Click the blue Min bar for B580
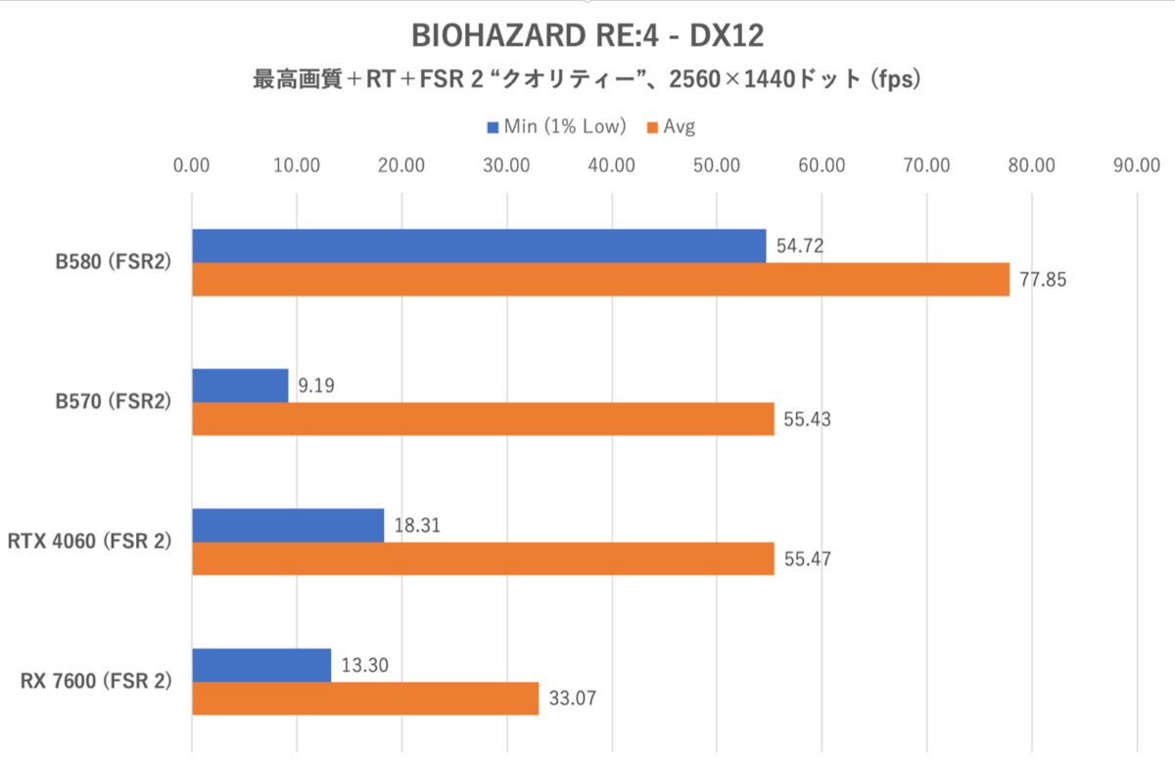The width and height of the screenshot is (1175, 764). point(479,246)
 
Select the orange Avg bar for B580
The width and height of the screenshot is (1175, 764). point(600,279)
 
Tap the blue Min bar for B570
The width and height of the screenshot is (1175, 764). point(240,385)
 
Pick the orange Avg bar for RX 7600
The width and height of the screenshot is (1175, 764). point(365,698)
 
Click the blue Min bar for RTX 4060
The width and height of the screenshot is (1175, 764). point(288,525)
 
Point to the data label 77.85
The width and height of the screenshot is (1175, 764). point(1041,280)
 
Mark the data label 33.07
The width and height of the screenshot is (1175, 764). point(570,699)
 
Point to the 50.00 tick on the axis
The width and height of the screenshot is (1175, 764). point(717,165)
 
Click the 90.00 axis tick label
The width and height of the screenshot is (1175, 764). point(1136,165)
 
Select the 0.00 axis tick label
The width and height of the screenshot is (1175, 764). point(192,165)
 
